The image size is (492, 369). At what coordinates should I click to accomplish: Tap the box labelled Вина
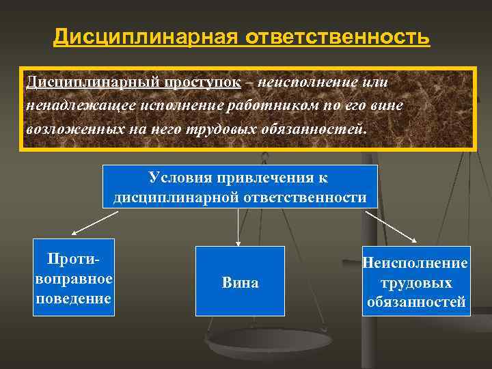[240, 282]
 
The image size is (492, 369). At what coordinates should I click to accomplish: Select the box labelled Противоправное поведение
[73, 277]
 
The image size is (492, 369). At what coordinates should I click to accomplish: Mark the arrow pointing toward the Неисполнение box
[387, 225]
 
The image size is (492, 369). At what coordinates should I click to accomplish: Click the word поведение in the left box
[73, 299]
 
